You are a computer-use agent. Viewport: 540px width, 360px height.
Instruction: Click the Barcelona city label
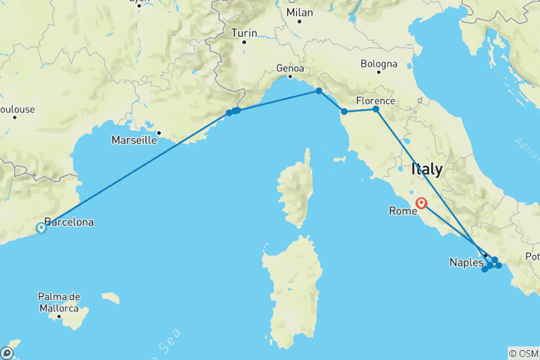click(69, 223)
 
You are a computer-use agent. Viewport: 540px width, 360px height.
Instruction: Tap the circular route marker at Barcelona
click(41, 228)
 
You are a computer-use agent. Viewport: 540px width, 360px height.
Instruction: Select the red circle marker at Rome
click(422, 202)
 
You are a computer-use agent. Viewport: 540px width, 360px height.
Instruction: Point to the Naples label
click(466, 262)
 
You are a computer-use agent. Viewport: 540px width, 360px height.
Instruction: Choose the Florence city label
click(376, 100)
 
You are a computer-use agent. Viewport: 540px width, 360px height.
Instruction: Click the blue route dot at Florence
click(376, 109)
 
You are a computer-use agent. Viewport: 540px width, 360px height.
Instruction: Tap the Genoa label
click(290, 68)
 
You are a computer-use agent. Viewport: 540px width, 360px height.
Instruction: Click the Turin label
click(244, 33)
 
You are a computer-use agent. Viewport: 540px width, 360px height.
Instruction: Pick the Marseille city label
click(133, 139)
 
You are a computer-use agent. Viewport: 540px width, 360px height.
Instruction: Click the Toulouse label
click(16, 109)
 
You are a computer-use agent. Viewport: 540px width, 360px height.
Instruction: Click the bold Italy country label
click(427, 170)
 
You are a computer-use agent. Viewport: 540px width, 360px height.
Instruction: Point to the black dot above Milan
click(299, 21)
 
